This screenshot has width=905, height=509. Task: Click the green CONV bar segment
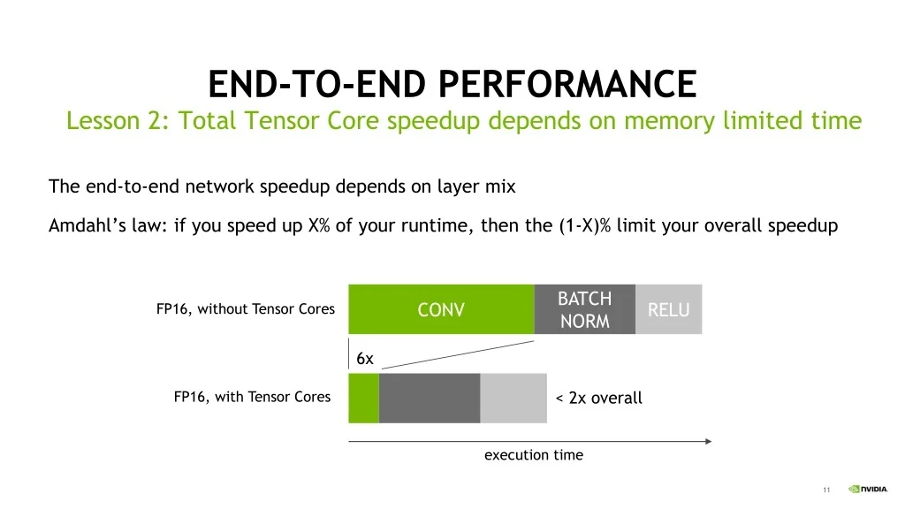pos(442,309)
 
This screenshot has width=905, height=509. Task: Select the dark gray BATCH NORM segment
pos(585,309)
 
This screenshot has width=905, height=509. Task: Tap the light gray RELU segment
pos(668,309)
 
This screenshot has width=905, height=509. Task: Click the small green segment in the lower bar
pos(363,399)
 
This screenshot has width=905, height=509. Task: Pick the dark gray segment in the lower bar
pos(430,399)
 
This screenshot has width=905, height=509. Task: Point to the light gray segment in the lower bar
pos(513,399)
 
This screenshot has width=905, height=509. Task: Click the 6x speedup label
pos(365,359)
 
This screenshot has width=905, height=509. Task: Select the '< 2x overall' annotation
pos(598,398)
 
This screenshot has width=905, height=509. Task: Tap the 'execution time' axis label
pos(533,455)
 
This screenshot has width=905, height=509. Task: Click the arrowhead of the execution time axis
pos(709,442)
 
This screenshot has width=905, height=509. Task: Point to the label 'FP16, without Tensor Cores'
pos(246,308)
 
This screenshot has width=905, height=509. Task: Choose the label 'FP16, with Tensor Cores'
pos(252,397)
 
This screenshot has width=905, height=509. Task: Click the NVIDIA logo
pos(868,489)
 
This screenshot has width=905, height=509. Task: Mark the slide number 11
pos(826,490)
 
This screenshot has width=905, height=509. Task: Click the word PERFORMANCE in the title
pos(567,84)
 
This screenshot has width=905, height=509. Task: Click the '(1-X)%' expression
pos(585,225)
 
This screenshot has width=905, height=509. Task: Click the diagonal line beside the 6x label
pos(458,354)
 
